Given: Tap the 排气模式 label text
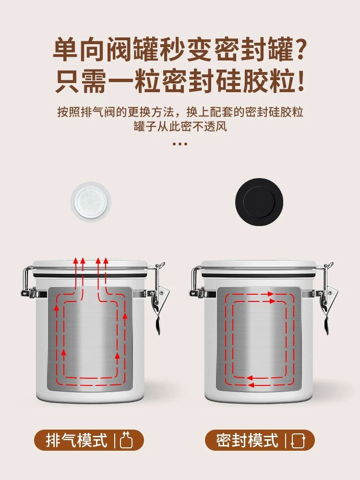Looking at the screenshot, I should coord(77,440).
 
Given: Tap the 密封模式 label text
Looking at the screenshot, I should coord(247,440).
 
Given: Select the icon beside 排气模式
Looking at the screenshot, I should coord(126,440).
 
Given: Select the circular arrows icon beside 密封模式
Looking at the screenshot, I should coord(298,440).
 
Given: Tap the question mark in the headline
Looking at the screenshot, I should coord(299,51).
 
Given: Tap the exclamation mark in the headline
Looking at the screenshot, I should coord(300,82).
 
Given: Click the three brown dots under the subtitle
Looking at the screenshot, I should coord(180,143).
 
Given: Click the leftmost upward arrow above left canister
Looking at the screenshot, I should coord(75,262).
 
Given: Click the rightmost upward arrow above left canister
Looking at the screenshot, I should coord(106,262).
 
